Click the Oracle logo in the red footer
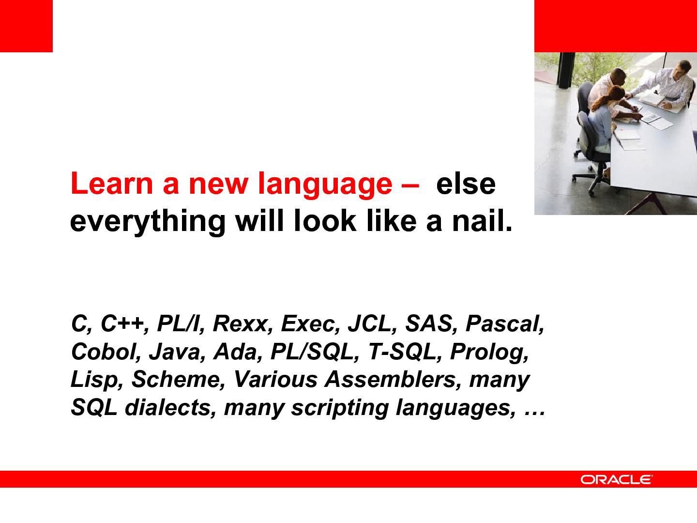tap(616, 479)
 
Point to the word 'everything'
tap(148, 222)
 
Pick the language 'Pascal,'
tap(505, 324)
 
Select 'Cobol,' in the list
tap(106, 352)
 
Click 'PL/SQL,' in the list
tap(315, 352)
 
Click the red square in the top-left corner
tap(26, 26)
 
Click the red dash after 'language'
tap(410, 185)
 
